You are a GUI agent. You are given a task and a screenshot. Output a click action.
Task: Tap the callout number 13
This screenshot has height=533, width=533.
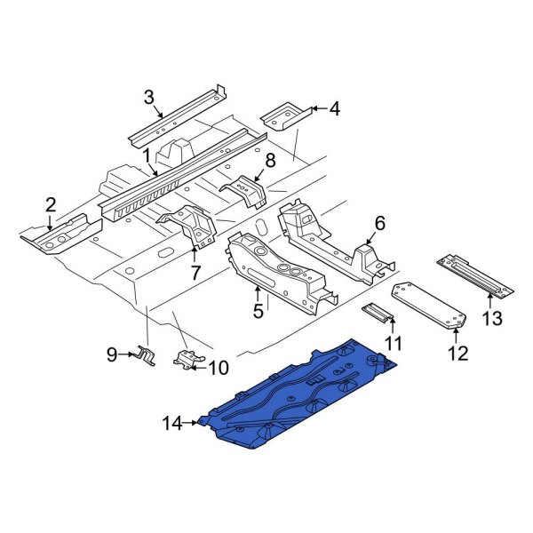point(492,318)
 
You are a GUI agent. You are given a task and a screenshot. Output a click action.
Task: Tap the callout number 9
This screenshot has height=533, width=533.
point(112,355)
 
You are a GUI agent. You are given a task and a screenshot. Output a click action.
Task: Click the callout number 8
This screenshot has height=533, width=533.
point(271,160)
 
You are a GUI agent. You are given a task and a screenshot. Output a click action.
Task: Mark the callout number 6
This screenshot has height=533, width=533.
point(379,224)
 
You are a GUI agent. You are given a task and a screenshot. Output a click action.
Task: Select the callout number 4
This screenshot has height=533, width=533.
point(334,109)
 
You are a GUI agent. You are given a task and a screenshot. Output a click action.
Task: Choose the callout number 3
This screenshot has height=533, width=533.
point(149,97)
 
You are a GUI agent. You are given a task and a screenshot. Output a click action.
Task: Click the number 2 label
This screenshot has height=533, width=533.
point(52,207)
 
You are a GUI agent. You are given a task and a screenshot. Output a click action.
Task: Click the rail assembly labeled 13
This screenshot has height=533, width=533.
point(474,275)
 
